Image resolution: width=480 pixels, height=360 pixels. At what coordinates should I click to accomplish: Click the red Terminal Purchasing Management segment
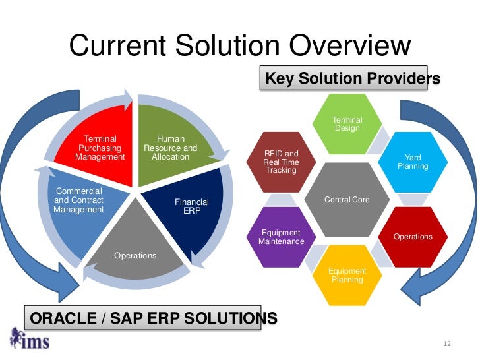99,148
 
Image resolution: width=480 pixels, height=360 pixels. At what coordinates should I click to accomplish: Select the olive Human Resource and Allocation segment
170,148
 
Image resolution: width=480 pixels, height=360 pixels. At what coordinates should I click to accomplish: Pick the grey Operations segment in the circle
135,247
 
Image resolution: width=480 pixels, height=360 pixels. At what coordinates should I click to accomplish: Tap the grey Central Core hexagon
347,199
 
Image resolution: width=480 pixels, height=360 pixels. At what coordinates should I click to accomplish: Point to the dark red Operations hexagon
413,237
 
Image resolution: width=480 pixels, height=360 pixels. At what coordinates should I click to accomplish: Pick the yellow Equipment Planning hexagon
347,275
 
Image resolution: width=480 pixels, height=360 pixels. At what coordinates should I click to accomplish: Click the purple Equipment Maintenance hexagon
282,237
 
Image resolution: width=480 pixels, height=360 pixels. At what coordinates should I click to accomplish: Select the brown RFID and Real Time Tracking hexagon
282,162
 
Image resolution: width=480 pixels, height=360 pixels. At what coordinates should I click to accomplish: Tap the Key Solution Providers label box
351,79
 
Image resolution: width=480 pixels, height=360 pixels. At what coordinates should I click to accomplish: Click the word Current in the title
116,46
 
